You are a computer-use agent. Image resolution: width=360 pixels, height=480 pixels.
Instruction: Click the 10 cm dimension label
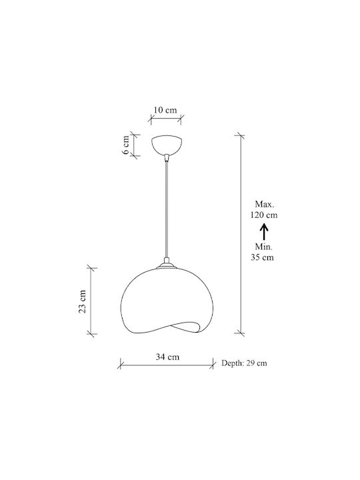pos(165,110)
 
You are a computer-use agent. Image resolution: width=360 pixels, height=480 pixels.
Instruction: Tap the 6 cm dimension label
pos(126,145)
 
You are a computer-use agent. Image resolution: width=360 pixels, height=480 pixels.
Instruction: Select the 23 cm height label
pos(83,301)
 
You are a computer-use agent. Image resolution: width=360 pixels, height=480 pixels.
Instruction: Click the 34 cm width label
pos(167,357)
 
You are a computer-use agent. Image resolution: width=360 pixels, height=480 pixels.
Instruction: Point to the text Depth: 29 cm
pos(244,363)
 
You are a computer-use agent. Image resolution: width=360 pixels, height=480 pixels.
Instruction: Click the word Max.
pos(265,204)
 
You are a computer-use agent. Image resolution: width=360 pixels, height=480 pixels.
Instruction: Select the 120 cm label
pos(264,215)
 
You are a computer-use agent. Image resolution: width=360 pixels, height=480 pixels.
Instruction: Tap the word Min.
pos(263,247)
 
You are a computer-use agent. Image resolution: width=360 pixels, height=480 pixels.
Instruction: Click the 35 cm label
pos(263,257)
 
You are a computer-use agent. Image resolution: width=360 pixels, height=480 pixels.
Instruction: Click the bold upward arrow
pos(264,231)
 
